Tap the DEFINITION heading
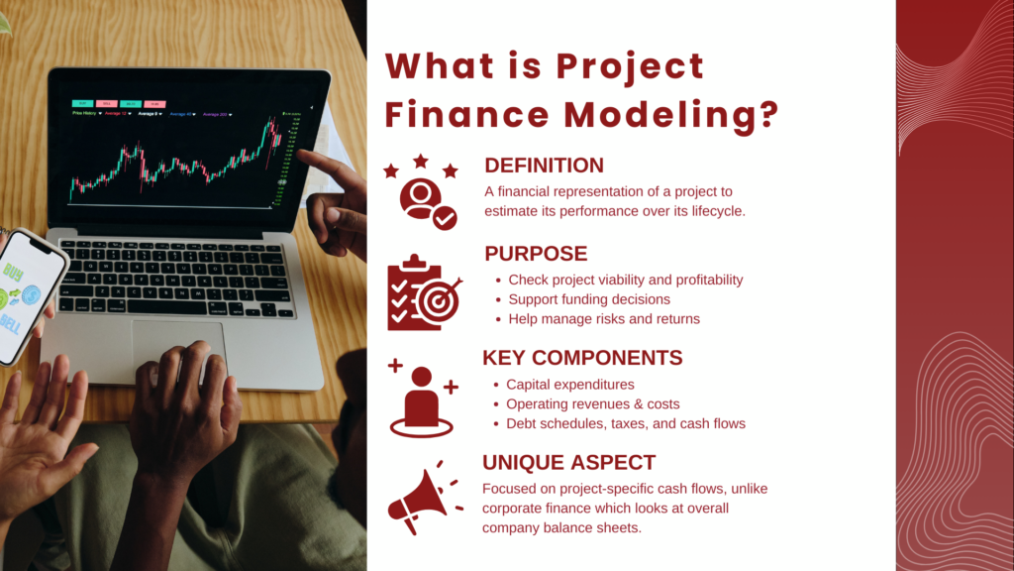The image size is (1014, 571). pos(544,166)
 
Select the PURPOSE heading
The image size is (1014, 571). pos(536,254)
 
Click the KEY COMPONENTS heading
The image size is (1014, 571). pos(581,358)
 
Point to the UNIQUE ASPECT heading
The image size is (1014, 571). pos(568,462)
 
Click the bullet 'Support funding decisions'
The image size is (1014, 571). pos(589,299)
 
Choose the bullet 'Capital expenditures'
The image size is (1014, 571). pos(569,385)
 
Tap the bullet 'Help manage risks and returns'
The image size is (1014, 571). pos(604,319)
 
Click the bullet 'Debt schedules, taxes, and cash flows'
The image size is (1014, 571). pos(625,424)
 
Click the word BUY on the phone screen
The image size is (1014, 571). pos(17,271)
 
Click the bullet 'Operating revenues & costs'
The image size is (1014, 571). pos(592,404)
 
